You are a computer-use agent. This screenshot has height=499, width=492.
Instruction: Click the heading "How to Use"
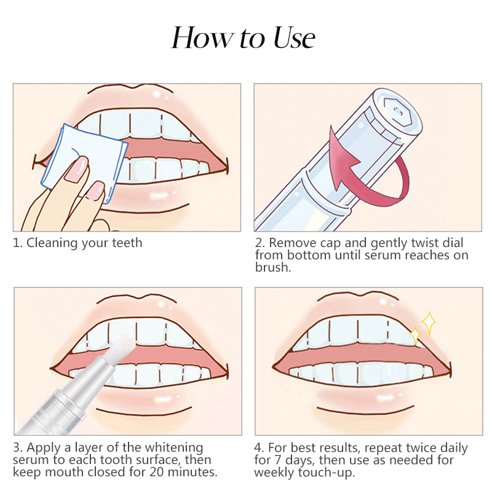click(x=244, y=37)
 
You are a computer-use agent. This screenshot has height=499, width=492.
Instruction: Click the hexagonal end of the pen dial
click(x=396, y=111)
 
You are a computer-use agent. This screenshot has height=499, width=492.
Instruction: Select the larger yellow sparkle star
click(x=429, y=323)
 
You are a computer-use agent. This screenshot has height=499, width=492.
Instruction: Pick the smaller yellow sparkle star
click(x=415, y=335)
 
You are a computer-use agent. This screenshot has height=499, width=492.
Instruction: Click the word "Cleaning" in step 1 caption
click(x=52, y=243)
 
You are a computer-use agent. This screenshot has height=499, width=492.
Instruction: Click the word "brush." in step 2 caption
click(x=273, y=267)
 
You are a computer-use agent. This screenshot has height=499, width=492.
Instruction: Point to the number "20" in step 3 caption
click(x=157, y=472)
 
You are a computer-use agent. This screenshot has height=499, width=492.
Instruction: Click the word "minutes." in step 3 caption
click(x=192, y=472)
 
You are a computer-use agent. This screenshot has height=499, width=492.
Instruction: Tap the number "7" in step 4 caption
click(x=278, y=460)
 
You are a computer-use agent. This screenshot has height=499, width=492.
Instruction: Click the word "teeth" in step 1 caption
click(x=127, y=243)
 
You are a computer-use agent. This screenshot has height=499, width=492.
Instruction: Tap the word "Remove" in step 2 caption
click(x=293, y=243)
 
